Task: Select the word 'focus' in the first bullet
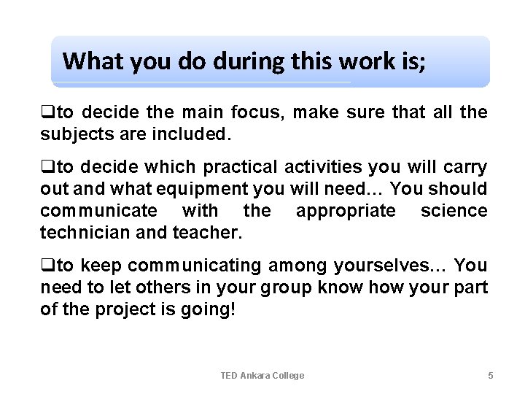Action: (x=250, y=112)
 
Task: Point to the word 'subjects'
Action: (x=72, y=134)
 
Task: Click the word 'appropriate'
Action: (x=346, y=211)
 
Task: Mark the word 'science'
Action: (x=454, y=211)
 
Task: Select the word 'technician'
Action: (x=77, y=233)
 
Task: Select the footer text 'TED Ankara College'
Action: (x=262, y=375)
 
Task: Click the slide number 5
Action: (x=490, y=375)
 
